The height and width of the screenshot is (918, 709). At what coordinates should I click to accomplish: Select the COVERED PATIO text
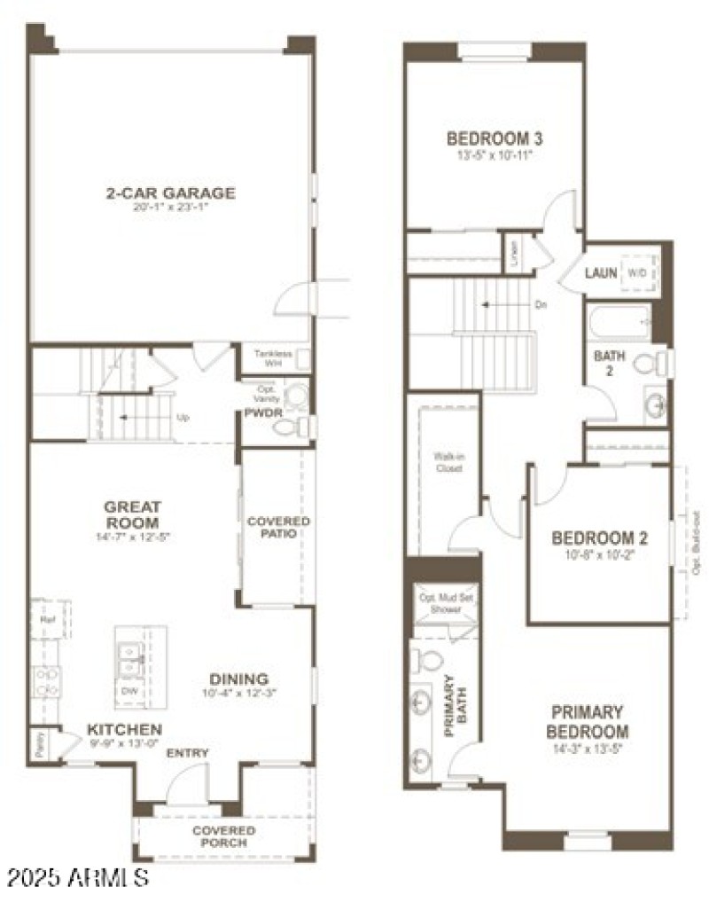[278, 527]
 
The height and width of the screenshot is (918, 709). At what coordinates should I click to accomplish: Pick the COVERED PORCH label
[224, 836]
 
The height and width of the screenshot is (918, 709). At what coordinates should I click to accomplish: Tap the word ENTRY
[188, 753]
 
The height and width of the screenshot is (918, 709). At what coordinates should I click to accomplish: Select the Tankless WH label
[272, 357]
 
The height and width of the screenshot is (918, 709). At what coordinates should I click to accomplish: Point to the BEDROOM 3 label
[494, 139]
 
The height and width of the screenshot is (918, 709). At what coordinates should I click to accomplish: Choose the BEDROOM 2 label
[599, 538]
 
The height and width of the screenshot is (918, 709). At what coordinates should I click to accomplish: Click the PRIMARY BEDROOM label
[587, 722]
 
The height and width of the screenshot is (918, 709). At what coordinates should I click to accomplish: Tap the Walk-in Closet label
[448, 462]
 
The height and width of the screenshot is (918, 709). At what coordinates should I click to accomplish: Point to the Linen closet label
[513, 254]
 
